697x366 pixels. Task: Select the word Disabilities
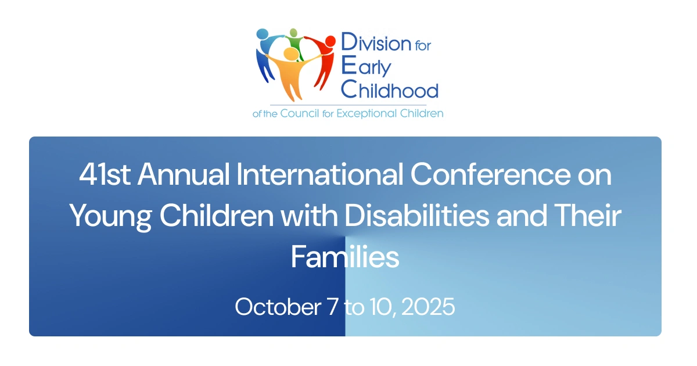[x=416, y=217]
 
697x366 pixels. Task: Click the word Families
[x=345, y=257]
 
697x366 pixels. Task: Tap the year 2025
[x=427, y=306]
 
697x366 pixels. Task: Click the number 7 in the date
[x=332, y=306]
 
